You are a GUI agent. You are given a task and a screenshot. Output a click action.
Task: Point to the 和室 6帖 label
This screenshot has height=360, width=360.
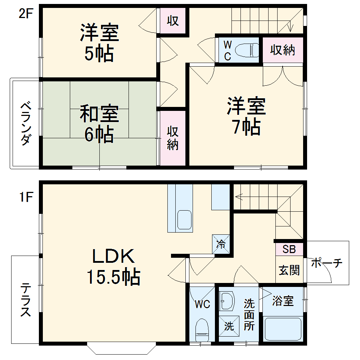click(99, 123)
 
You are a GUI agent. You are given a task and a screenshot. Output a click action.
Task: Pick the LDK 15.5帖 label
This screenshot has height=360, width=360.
click(113, 266)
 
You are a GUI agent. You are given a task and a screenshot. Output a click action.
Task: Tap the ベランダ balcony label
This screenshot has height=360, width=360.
click(24, 123)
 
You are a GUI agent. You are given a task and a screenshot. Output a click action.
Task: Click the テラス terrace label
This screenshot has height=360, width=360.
click(25, 300)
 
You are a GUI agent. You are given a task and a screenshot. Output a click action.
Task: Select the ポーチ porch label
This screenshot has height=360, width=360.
click(326, 263)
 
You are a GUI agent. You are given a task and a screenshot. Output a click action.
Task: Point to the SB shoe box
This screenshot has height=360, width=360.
click(289, 249)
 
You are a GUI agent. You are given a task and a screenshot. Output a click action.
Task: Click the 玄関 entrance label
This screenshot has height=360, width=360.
click(289, 270)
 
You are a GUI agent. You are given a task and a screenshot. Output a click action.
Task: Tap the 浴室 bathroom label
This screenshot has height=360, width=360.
click(283, 301)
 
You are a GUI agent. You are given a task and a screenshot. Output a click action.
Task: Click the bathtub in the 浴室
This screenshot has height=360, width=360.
click(283, 329)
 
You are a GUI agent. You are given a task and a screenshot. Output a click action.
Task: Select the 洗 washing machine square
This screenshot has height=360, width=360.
click(229, 326)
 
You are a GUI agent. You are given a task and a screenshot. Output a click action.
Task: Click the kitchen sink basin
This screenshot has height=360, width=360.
click(184, 219)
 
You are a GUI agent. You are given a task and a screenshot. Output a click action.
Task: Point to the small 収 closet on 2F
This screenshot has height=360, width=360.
click(173, 21)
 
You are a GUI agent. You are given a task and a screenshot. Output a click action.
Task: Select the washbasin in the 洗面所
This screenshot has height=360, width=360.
click(226, 301)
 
